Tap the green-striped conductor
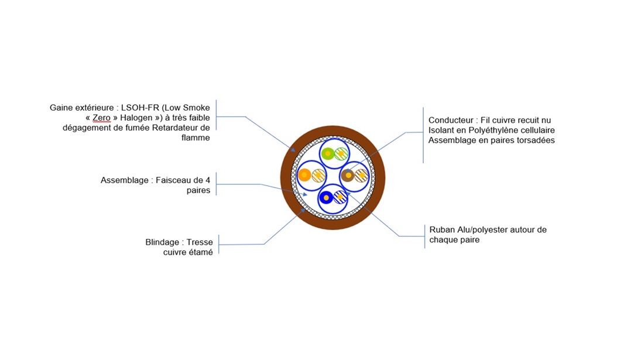tap(341, 154)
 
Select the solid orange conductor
tap(304, 174)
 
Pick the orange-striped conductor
tap(318, 174)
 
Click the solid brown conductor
tap(348, 174)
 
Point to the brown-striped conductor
tap(362, 174)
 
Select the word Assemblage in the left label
tap(125, 180)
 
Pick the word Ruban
tap(441, 229)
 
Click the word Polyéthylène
tap(498, 130)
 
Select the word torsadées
tap(535, 140)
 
